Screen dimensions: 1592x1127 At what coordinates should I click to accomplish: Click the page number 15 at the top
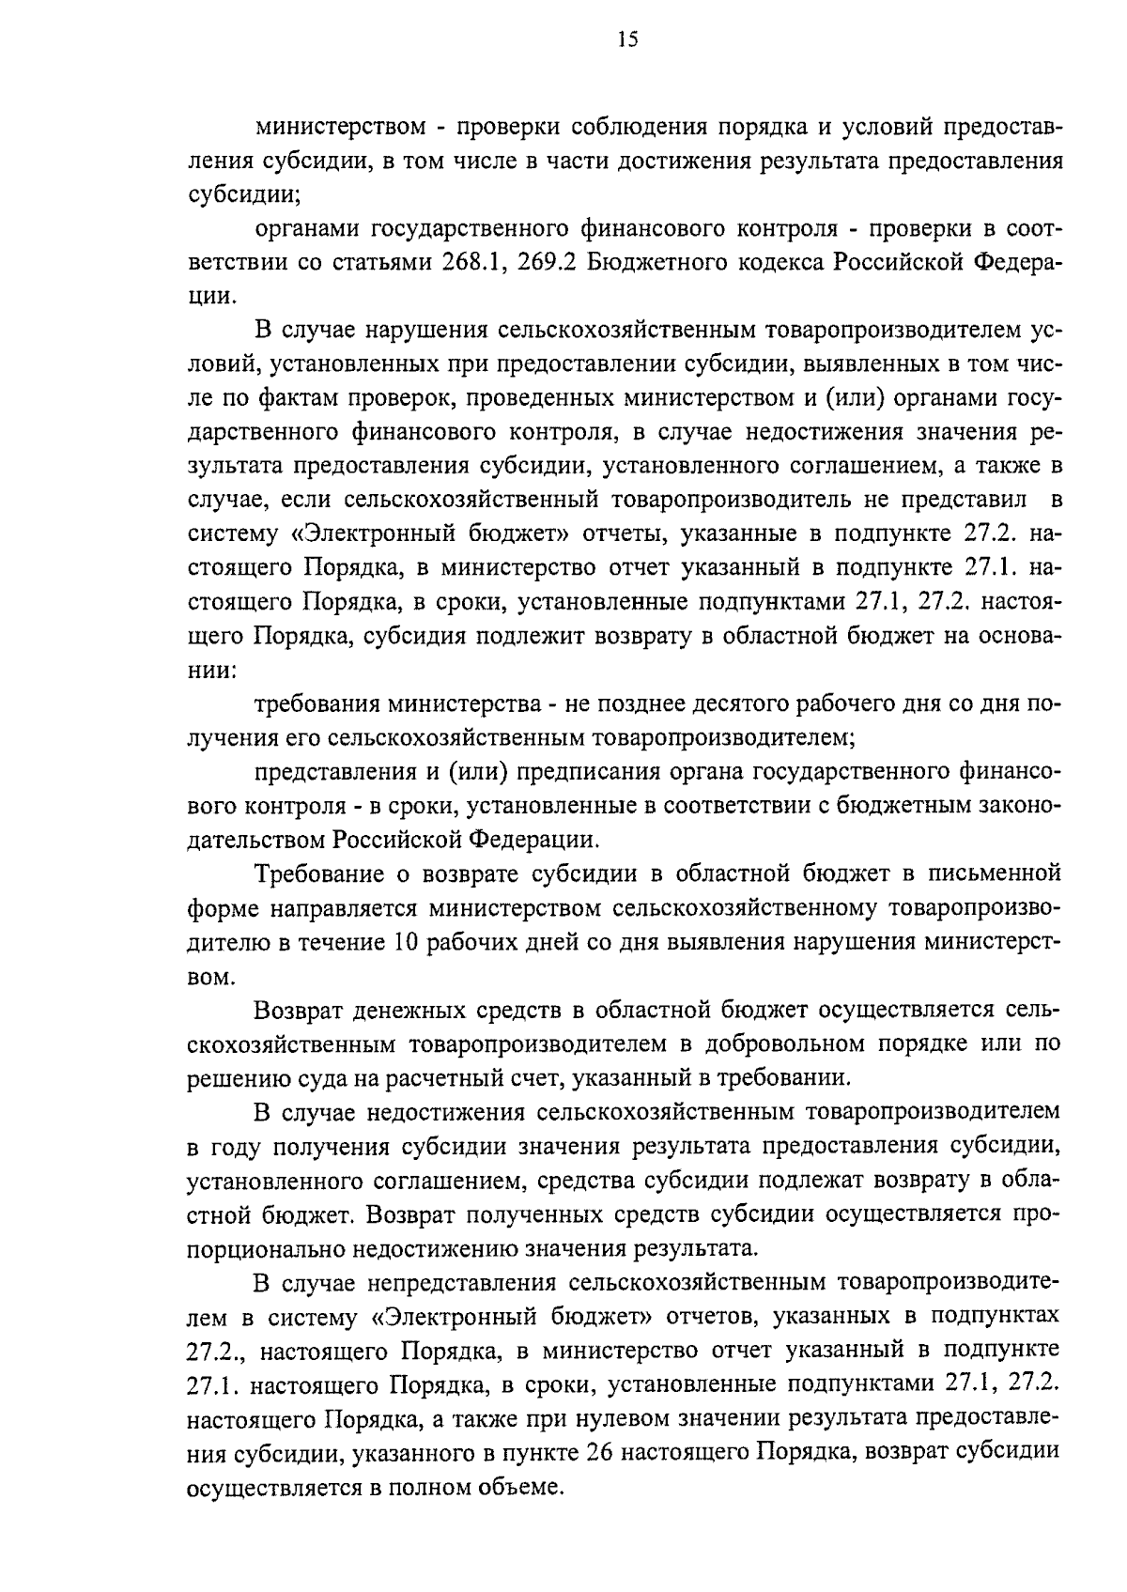[x=627, y=39]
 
